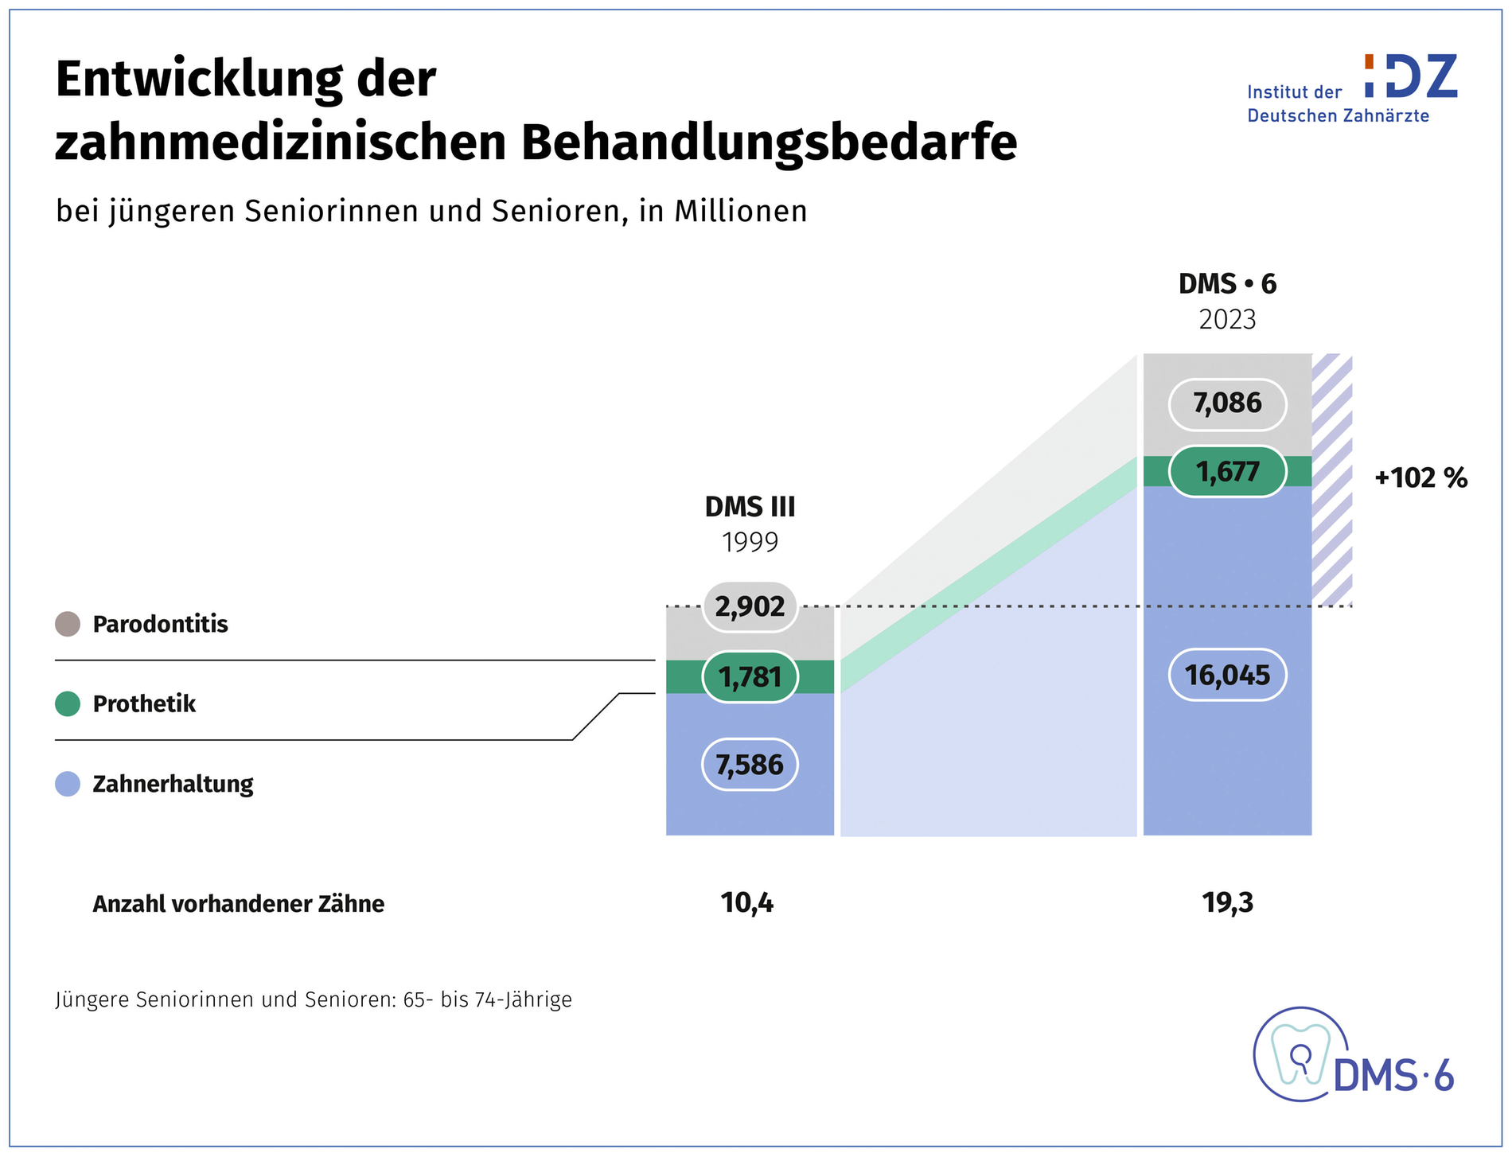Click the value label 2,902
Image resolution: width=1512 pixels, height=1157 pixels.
[x=750, y=606]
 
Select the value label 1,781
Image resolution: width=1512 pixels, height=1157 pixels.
[x=750, y=677]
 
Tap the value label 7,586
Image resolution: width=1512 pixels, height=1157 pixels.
[x=750, y=765]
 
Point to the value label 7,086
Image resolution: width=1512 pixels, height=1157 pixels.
[x=1227, y=403]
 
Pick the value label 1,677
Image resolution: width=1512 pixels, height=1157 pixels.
[x=1227, y=472]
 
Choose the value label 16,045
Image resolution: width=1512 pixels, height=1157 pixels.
[x=1227, y=676]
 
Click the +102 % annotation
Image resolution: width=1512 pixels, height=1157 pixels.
[x=1421, y=477]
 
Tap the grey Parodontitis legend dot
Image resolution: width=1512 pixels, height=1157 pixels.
[x=68, y=624]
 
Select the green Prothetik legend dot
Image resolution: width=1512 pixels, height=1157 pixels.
[x=68, y=703]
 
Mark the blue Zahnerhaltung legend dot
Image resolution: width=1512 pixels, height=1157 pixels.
[x=68, y=784]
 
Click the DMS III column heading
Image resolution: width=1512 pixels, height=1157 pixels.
[x=750, y=507]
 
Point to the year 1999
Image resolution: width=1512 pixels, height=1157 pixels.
[x=750, y=543]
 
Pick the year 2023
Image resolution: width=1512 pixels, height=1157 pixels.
[x=1227, y=320]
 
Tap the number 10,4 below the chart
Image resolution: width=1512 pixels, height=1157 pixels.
[x=747, y=903]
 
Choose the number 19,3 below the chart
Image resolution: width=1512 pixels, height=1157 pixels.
[x=1228, y=903]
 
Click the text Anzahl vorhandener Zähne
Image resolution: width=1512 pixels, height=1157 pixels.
[x=239, y=904]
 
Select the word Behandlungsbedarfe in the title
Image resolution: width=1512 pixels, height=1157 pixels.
[x=769, y=142]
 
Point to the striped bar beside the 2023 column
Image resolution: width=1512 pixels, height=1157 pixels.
[x=1332, y=480]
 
